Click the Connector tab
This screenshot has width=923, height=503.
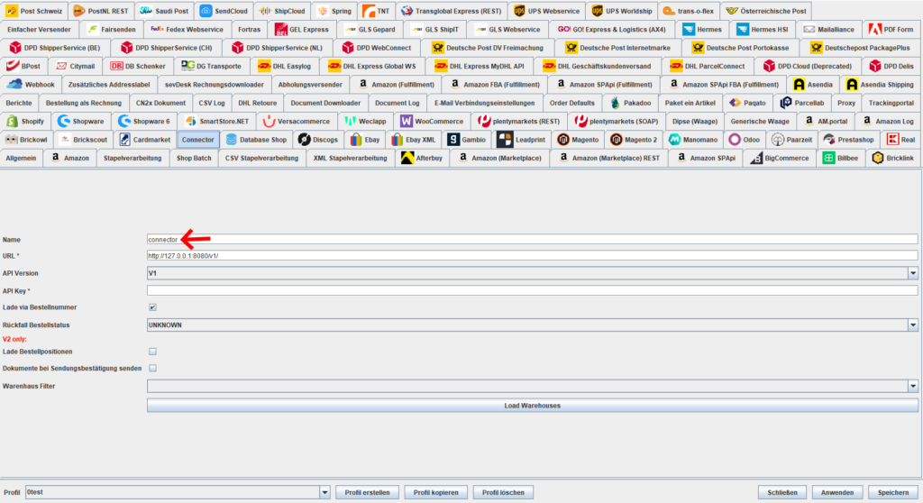click(x=197, y=140)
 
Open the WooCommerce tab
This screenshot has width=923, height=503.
click(x=432, y=122)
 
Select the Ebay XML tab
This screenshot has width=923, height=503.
click(x=413, y=140)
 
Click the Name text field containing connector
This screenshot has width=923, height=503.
click(x=532, y=239)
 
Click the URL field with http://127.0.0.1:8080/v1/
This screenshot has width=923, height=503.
click(x=532, y=256)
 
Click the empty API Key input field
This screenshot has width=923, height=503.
click(x=532, y=290)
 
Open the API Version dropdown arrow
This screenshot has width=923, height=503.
click(x=912, y=273)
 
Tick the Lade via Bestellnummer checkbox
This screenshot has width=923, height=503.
click(x=152, y=307)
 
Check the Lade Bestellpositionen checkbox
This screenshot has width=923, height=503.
click(x=152, y=352)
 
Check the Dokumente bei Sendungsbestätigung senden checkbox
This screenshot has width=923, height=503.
click(x=152, y=368)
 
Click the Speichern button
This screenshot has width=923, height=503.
click(x=893, y=492)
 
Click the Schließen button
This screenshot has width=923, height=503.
click(x=782, y=492)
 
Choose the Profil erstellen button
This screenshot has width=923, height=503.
click(x=368, y=492)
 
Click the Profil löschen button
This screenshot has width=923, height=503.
click(x=503, y=492)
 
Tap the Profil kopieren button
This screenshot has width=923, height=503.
click(x=435, y=492)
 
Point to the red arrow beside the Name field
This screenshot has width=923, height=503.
click(x=196, y=239)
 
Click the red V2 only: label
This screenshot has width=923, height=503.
click(x=14, y=339)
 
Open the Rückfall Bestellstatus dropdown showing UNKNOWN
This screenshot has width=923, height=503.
click(x=532, y=325)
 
